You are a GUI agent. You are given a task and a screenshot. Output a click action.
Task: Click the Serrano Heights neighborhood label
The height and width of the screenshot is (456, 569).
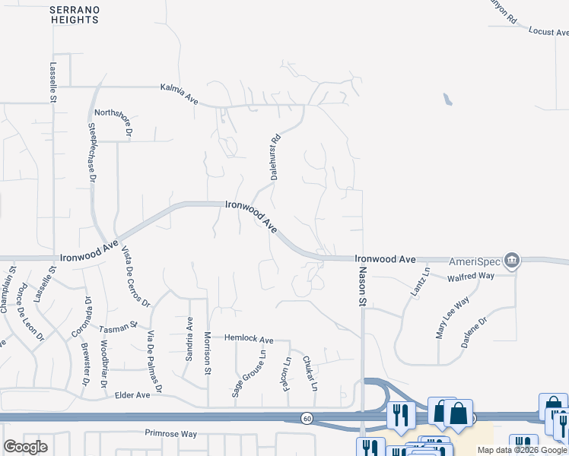click(x=74, y=14)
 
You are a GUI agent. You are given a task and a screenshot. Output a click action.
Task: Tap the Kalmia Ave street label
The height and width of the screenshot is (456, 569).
click(x=179, y=89)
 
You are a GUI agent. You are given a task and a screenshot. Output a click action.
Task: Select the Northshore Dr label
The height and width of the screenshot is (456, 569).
click(x=113, y=121)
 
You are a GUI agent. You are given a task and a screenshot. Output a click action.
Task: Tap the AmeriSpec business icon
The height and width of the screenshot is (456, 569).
click(x=513, y=260)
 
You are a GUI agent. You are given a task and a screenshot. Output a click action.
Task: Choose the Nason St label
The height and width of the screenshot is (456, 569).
click(x=363, y=287)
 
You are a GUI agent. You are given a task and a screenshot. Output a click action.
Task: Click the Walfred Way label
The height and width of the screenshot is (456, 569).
click(x=470, y=277)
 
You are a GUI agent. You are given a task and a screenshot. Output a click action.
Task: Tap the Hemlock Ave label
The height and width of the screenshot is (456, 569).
click(x=248, y=339)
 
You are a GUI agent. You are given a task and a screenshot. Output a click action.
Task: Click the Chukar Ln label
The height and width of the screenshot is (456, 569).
click(x=310, y=373)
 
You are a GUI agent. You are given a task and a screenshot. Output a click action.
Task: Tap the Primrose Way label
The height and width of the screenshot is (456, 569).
click(x=171, y=434)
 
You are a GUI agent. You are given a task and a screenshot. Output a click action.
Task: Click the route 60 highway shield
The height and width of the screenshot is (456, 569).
click(x=306, y=418)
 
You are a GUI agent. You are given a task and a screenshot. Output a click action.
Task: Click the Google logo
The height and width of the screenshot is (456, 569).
click(x=25, y=447)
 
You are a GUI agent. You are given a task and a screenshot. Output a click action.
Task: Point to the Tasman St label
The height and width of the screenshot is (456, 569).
click(x=118, y=327)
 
